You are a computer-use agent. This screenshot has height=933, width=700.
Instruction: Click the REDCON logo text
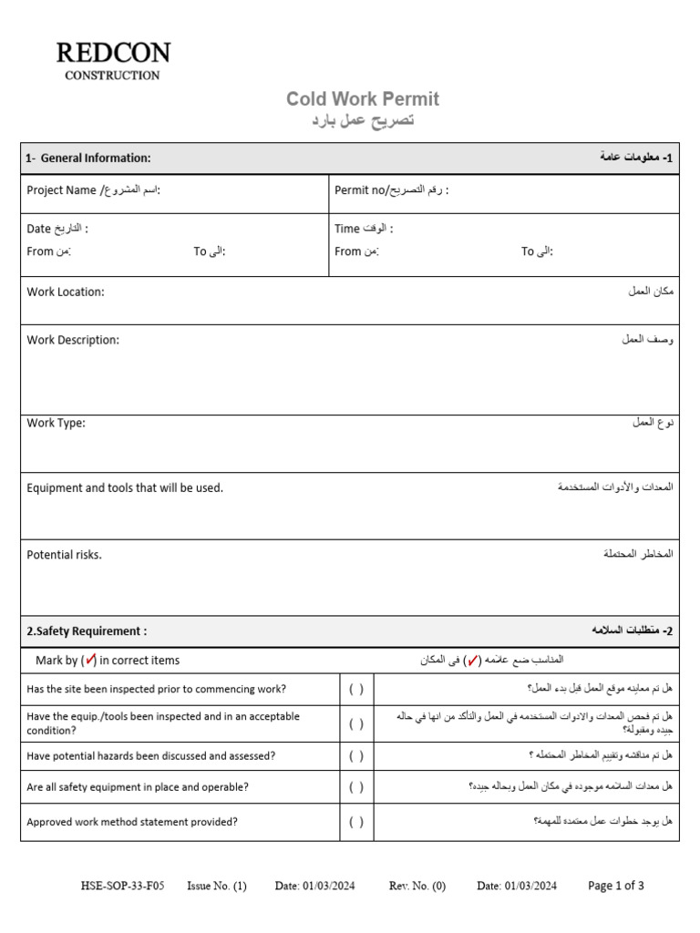(x=112, y=54)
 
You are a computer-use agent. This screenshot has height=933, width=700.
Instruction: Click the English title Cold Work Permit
(x=362, y=99)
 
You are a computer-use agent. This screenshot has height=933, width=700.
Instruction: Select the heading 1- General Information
(x=88, y=159)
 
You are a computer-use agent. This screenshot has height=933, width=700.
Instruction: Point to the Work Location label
(x=66, y=292)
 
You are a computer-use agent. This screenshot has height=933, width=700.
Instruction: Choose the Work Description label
(x=73, y=340)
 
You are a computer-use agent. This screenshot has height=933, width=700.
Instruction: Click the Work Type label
(x=56, y=423)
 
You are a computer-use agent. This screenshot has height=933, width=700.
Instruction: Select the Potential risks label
(x=64, y=554)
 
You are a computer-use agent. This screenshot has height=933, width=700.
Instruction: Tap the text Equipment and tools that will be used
(x=125, y=488)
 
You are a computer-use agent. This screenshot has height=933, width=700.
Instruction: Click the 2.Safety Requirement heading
(x=87, y=631)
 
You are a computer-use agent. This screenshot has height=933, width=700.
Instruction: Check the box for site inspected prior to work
(x=356, y=690)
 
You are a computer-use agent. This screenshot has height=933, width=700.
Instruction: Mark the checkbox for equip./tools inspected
(x=356, y=724)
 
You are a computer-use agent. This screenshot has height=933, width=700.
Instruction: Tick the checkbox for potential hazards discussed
(x=356, y=756)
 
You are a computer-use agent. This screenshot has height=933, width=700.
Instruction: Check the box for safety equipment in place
(x=356, y=787)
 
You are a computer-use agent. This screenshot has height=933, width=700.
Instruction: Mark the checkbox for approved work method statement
(x=356, y=822)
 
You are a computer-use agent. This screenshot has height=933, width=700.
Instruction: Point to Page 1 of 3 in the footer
(x=616, y=886)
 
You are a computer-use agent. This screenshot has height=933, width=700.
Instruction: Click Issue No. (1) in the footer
(x=217, y=886)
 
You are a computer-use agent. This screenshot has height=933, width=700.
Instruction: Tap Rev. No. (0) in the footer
(x=417, y=886)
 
